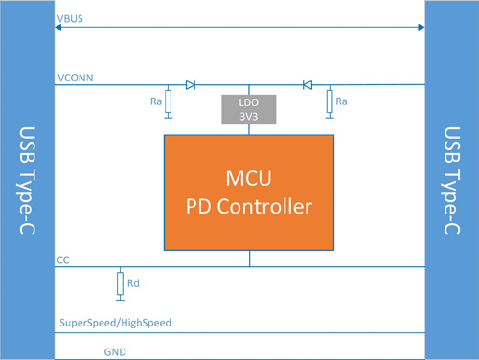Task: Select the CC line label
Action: [63, 259]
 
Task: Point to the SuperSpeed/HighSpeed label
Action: [115, 323]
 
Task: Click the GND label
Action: [114, 351]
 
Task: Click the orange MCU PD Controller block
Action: [249, 191]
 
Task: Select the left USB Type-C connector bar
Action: [27, 180]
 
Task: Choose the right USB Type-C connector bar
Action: [451, 180]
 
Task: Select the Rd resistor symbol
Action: [120, 283]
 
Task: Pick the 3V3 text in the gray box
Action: [249, 116]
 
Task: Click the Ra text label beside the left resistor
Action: [153, 99]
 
